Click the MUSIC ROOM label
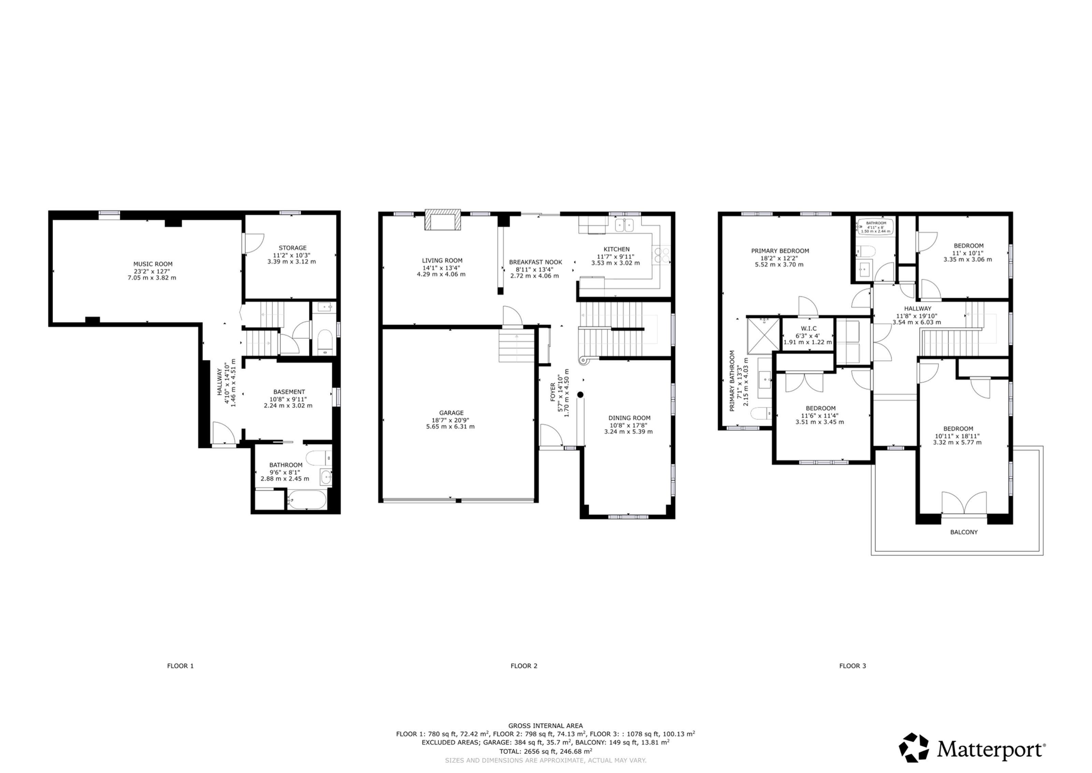tap(153, 264)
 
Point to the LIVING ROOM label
tap(442, 261)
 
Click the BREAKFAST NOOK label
tap(535, 262)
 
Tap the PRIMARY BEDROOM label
tap(780, 251)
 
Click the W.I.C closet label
tap(808, 328)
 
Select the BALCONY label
tap(964, 532)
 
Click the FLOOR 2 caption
tap(524, 666)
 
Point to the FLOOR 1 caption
tap(180, 666)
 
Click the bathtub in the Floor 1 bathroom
tap(307, 500)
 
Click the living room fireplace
tap(443, 220)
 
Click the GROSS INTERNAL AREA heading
tap(545, 726)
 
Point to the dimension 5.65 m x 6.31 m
tap(450, 427)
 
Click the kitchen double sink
tap(625, 225)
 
